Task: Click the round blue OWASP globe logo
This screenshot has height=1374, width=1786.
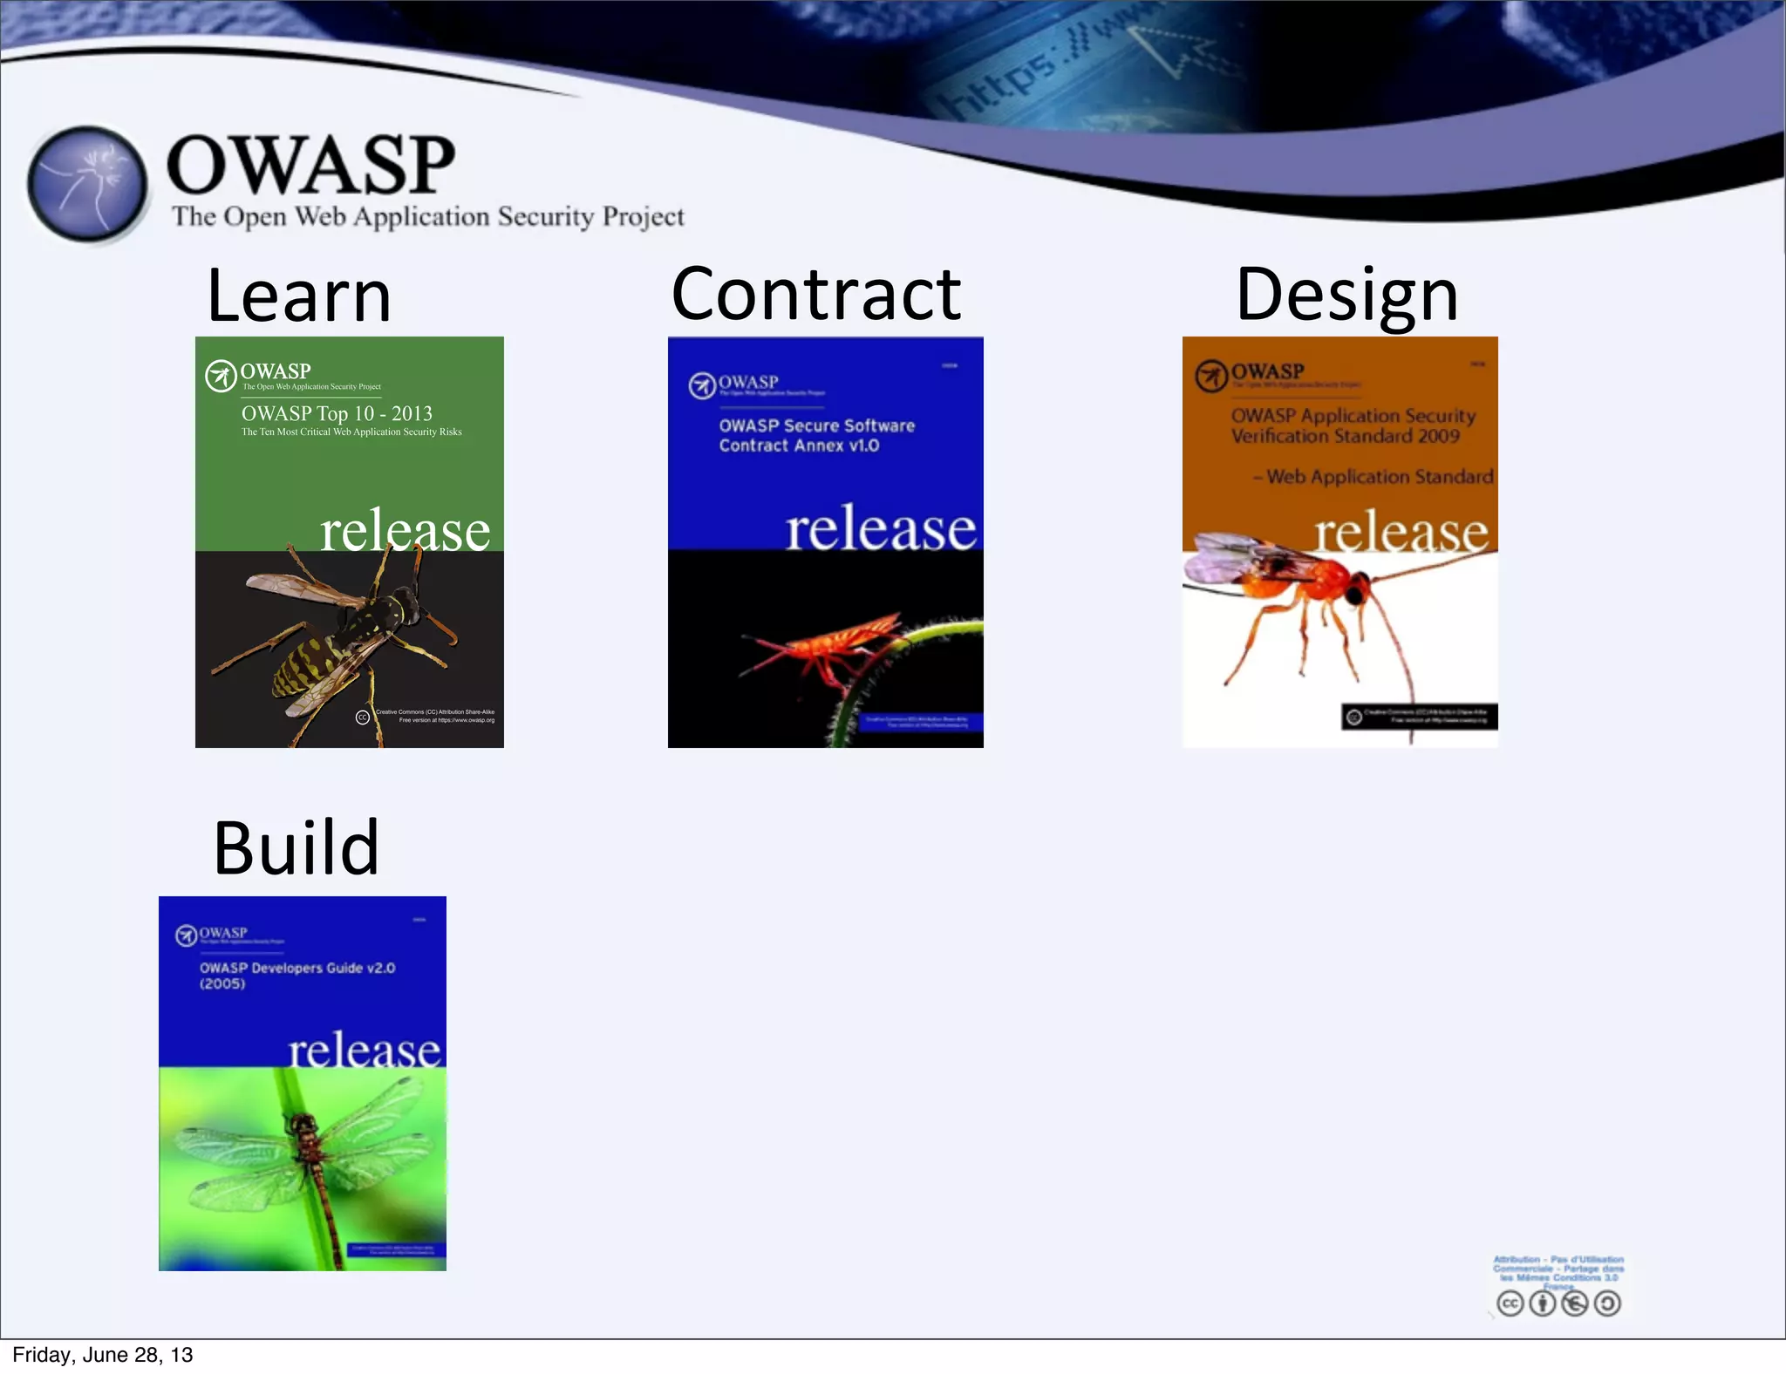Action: pyautogui.click(x=87, y=184)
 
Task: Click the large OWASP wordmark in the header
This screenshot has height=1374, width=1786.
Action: pyautogui.click(x=310, y=165)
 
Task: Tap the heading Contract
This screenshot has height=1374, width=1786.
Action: pyautogui.click(x=815, y=295)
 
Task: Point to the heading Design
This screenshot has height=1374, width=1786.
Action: pyautogui.click(x=1346, y=295)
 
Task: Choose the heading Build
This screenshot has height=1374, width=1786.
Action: pyautogui.click(x=297, y=848)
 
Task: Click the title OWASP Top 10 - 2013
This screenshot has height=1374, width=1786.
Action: pyautogui.click(x=337, y=413)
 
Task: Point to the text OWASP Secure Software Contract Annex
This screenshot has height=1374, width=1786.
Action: pyautogui.click(x=815, y=435)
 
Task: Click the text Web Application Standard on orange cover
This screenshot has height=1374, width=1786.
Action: pyautogui.click(x=1378, y=477)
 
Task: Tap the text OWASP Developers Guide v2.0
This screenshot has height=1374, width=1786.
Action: pyautogui.click(x=297, y=969)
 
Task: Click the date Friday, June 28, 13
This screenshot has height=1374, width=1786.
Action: pyautogui.click(x=103, y=1355)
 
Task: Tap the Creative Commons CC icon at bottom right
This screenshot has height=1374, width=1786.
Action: pyautogui.click(x=1510, y=1303)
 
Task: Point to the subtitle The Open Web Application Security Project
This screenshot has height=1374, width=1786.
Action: pyautogui.click(x=427, y=216)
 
